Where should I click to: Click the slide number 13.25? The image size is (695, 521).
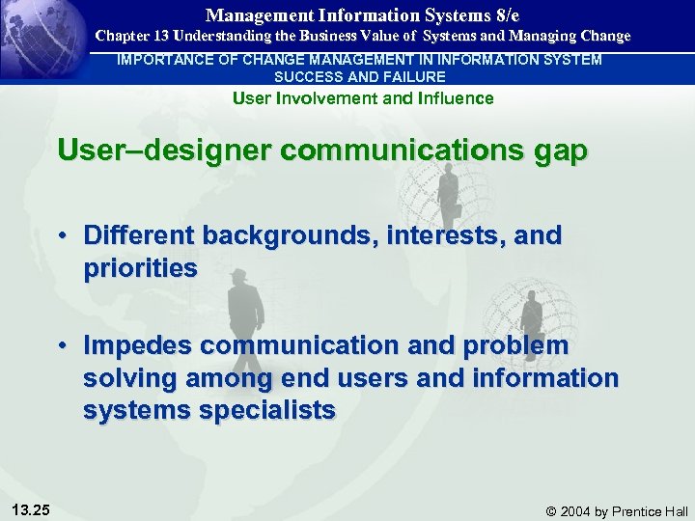click(x=32, y=509)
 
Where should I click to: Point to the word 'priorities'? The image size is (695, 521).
click(x=140, y=267)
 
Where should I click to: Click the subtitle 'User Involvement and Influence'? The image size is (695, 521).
click(x=363, y=97)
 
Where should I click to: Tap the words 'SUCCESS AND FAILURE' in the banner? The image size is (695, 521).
click(x=360, y=76)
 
